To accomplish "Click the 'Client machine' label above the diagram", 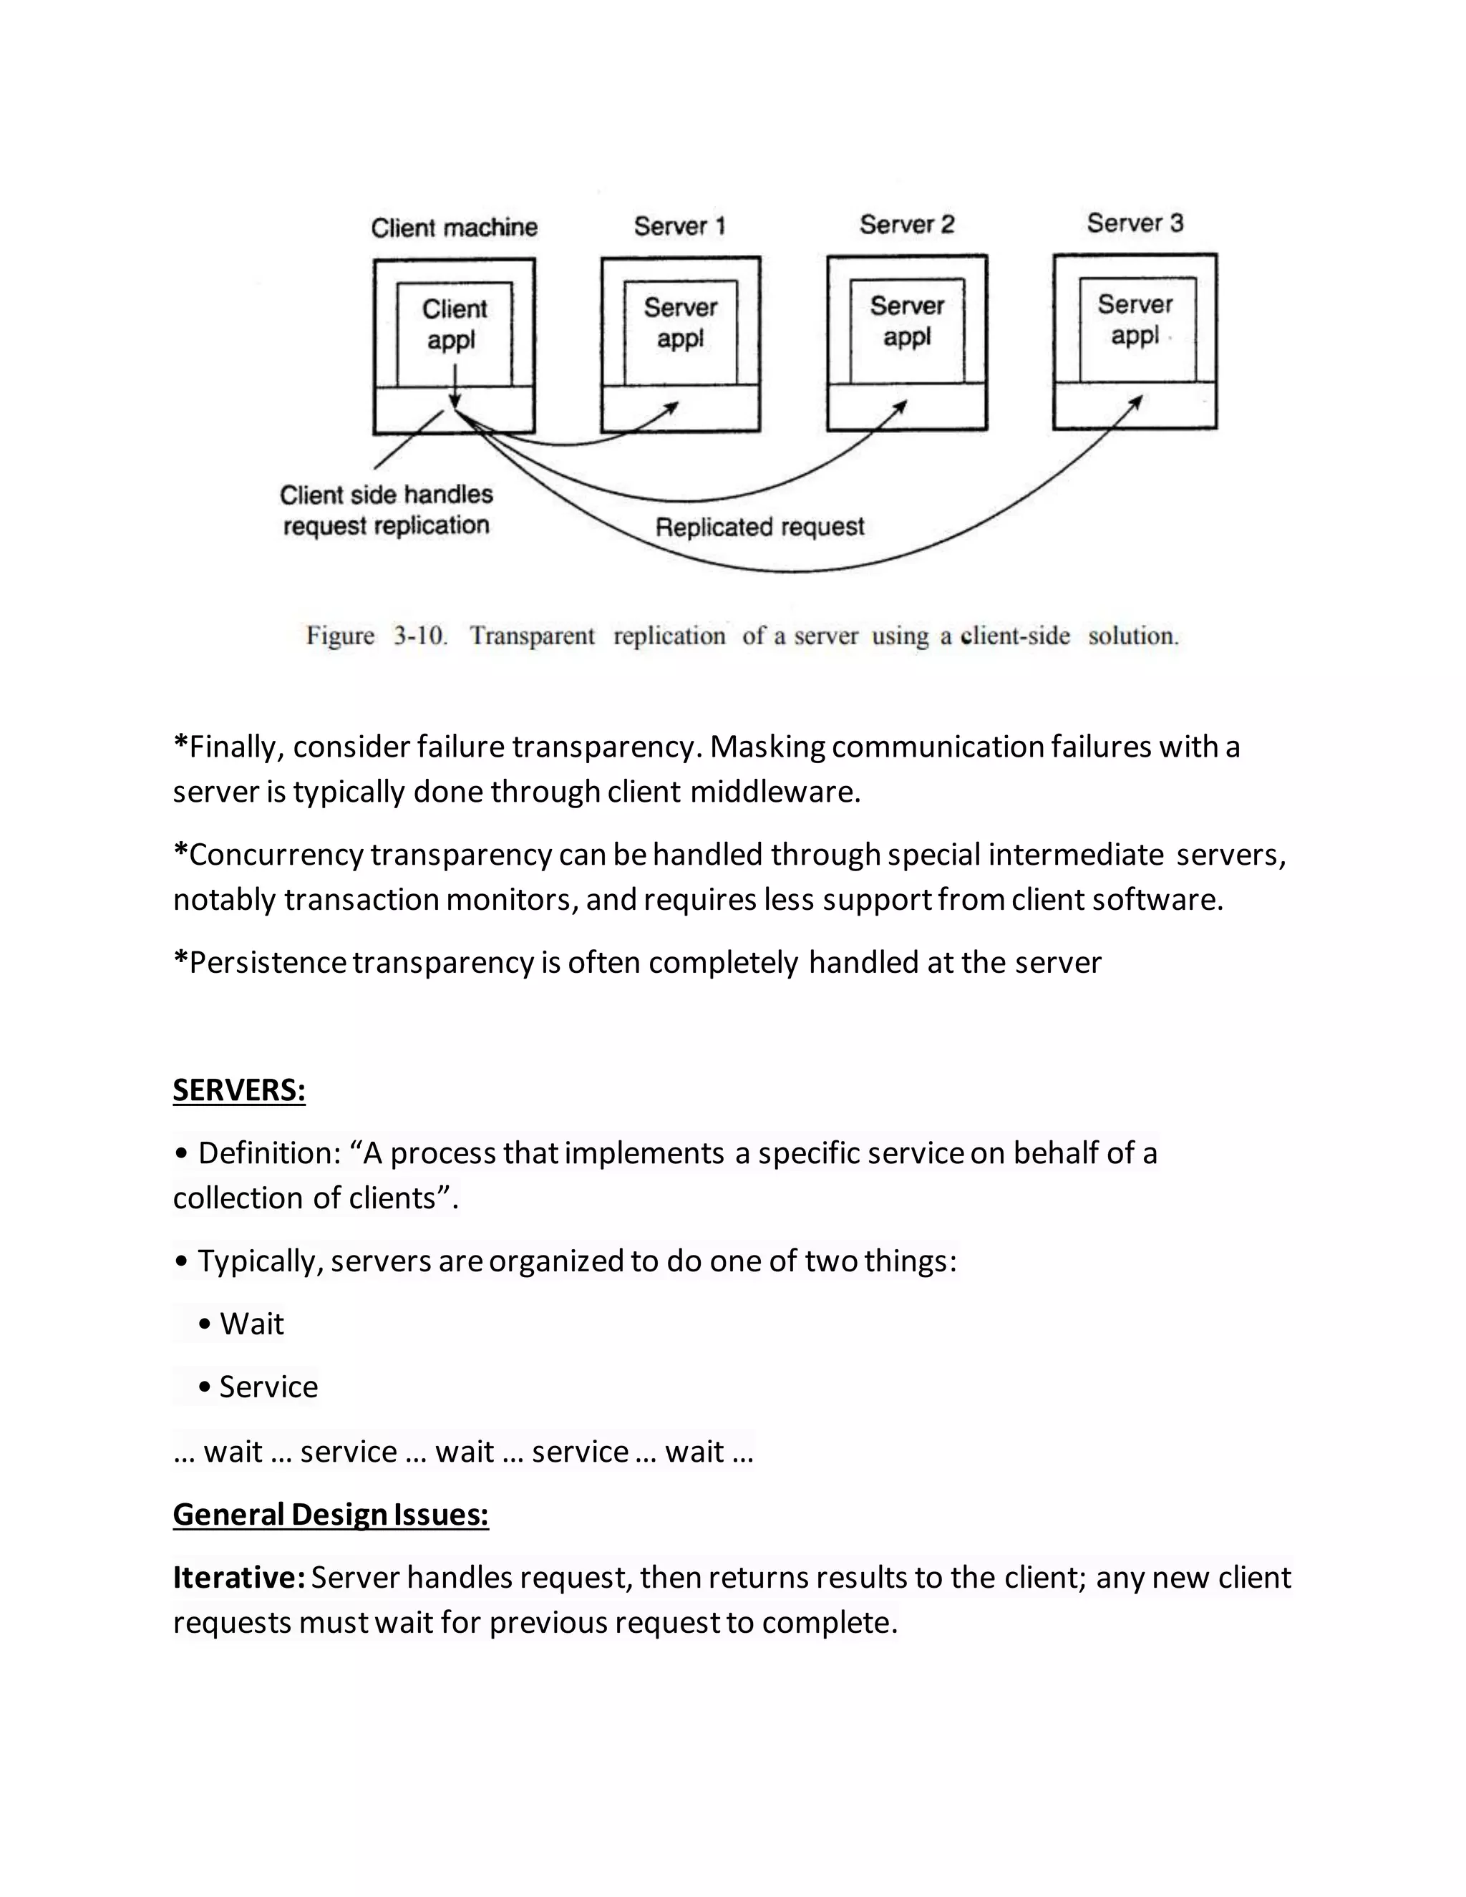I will point(455,228).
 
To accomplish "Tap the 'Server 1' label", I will point(679,225).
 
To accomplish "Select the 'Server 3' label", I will point(1135,223).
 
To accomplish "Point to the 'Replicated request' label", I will point(760,528).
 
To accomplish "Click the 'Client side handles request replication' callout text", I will point(387,510).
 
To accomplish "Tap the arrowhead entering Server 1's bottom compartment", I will point(673,406).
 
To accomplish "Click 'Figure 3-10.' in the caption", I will point(376,636).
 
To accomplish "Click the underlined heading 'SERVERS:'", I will point(239,1090).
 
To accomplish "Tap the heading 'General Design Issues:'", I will point(331,1514).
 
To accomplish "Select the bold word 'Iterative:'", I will point(239,1577).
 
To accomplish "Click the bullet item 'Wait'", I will point(251,1324).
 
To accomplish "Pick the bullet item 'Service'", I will point(268,1387).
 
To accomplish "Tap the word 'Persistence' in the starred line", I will point(268,962).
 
